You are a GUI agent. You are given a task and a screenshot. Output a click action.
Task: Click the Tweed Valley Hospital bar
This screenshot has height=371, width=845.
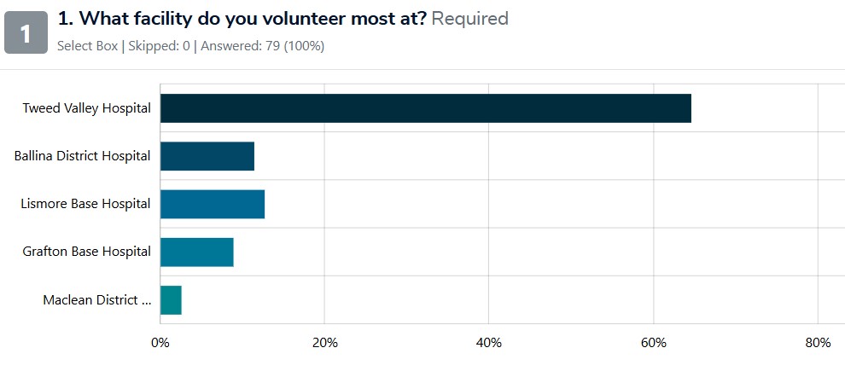click(x=425, y=108)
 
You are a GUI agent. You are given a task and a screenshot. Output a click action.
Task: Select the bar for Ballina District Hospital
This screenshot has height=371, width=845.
click(x=207, y=156)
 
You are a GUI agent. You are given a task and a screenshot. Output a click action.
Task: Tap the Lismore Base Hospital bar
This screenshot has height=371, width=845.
click(x=212, y=204)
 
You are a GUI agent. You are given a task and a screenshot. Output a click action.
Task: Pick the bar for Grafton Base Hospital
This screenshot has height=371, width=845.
click(x=196, y=252)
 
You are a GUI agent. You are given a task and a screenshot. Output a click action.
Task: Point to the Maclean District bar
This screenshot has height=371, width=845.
click(x=171, y=299)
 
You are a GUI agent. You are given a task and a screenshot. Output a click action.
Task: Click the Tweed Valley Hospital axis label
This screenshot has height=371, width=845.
click(x=86, y=108)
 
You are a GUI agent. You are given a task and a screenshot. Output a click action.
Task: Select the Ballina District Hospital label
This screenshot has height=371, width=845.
click(x=83, y=156)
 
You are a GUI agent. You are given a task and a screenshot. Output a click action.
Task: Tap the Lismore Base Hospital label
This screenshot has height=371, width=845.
click(x=85, y=204)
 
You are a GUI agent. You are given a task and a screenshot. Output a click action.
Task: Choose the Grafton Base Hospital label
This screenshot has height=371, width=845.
click(x=87, y=252)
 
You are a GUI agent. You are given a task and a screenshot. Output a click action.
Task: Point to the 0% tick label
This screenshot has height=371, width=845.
click(x=160, y=343)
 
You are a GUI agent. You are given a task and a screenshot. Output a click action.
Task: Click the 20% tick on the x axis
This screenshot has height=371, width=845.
click(x=324, y=343)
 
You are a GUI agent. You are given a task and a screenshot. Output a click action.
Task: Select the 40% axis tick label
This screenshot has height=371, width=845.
click(x=488, y=343)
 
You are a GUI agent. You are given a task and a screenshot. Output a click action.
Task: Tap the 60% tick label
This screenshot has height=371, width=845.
click(x=653, y=343)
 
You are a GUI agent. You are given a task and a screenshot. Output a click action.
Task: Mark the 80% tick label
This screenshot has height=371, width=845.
click(x=818, y=343)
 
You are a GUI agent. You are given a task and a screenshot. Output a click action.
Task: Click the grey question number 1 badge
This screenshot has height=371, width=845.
click(x=26, y=32)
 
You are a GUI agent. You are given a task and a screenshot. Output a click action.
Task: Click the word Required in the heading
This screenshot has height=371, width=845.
click(x=469, y=18)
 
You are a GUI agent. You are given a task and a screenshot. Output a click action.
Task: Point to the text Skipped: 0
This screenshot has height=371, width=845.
click(x=160, y=46)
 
